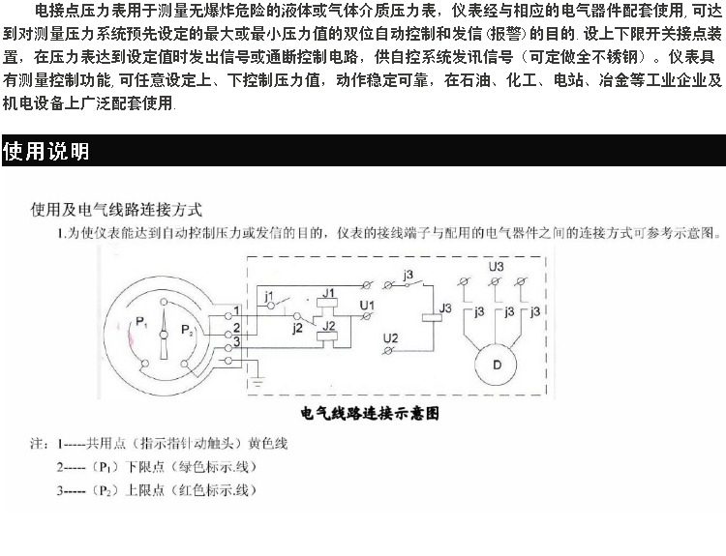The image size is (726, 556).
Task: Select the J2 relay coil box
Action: pos(329,326)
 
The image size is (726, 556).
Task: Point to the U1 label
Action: pos(366,306)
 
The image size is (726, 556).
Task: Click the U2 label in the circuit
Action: pos(390,338)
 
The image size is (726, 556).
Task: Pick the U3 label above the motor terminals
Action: pos(496,266)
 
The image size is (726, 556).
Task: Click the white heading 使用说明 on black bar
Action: pos(46,152)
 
